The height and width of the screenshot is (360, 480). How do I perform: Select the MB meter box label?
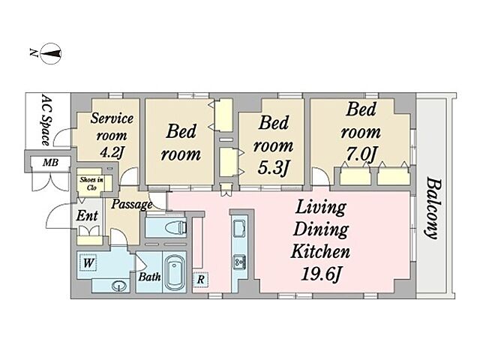click(x=50, y=162)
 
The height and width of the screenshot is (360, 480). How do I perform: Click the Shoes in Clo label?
click(x=91, y=183)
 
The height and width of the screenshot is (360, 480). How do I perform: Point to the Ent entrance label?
click(x=87, y=215)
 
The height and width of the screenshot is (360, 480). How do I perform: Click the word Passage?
click(x=132, y=204)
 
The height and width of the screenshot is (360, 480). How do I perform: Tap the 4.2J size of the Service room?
click(x=112, y=152)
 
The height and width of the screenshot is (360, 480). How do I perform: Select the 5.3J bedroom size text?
click(x=272, y=167)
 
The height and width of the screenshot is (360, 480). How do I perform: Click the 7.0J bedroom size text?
click(x=361, y=154)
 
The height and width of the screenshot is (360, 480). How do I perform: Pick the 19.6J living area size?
click(x=320, y=273)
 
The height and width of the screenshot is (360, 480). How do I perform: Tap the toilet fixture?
click(x=175, y=227)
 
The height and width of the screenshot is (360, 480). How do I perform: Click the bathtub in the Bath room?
click(x=175, y=273)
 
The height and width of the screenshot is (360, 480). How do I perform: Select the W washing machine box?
click(x=88, y=262)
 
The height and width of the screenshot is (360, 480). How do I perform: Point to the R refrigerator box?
click(x=200, y=280)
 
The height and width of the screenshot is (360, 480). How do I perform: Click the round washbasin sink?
click(x=119, y=286)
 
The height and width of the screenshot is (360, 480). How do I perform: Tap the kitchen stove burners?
click(x=239, y=262)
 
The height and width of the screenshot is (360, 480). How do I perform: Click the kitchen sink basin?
click(x=239, y=229)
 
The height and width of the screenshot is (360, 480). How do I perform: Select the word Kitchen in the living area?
click(x=320, y=252)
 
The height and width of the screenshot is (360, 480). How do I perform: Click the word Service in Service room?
click(x=112, y=118)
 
